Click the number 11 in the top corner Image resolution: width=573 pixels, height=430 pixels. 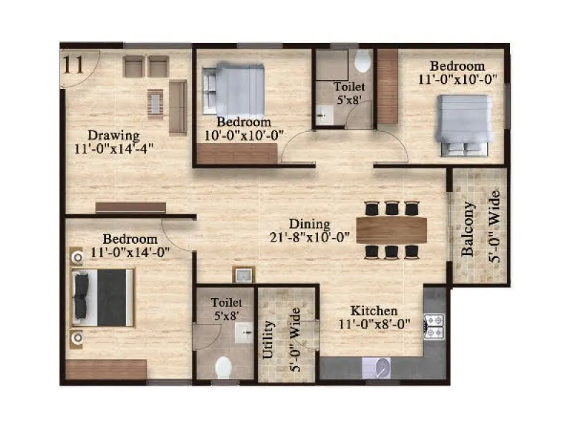(74, 64)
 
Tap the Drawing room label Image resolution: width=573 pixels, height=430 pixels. (113, 135)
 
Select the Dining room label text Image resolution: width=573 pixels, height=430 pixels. (309, 223)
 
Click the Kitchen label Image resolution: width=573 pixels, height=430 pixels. (373, 311)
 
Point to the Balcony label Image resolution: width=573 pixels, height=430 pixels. (468, 229)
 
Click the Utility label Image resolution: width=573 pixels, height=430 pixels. (268, 339)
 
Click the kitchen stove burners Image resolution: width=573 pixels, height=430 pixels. (434, 325)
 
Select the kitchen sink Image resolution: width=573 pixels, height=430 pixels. (382, 368)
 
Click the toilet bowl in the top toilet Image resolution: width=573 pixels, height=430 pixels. (362, 62)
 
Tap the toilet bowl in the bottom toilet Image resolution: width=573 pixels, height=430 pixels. (223, 367)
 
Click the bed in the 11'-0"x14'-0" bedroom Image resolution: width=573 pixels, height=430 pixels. (102, 297)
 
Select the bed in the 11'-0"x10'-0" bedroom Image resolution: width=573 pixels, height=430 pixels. (463, 125)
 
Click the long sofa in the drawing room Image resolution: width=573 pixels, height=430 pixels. (178, 107)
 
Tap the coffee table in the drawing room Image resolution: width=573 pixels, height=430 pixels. (155, 102)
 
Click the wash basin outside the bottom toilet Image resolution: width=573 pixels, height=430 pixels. (243, 274)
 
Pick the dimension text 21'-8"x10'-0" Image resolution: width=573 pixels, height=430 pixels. (310, 237)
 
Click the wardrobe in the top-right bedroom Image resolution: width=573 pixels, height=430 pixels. (387, 87)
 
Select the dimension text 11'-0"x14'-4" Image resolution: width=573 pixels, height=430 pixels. (114, 149)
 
